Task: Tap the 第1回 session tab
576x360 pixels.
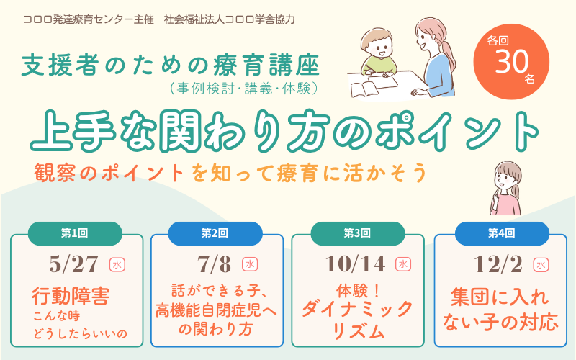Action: pos(74,233)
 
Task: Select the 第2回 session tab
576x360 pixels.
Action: pos(215,233)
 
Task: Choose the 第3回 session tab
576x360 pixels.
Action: pos(357,233)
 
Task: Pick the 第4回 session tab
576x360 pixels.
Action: pos(501,233)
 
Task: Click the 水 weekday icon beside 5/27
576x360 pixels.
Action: pos(117,265)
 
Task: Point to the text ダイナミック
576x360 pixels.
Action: pos(357,311)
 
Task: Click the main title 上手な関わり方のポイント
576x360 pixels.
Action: pos(284,131)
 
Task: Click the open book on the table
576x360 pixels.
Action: pos(368,89)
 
